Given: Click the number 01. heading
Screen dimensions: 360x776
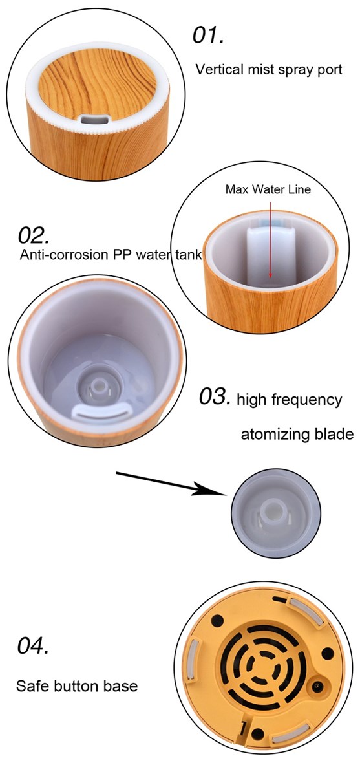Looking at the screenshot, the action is click(x=207, y=36).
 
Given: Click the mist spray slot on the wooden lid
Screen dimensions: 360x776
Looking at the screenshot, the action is click(x=94, y=120).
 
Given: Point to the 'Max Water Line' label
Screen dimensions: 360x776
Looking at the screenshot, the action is click(x=268, y=189).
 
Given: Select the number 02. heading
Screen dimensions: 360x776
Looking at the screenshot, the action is click(x=34, y=235).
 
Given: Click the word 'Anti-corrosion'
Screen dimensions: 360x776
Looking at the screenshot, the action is click(x=64, y=255).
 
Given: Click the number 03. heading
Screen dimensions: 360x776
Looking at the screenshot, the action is click(x=215, y=396).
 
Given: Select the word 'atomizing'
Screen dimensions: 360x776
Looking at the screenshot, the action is click(x=270, y=434).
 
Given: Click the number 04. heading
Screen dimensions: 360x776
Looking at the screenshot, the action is click(x=33, y=646).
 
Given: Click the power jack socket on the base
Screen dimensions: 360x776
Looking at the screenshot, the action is click(x=316, y=686).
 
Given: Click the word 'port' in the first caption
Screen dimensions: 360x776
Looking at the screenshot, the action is click(x=330, y=70).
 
